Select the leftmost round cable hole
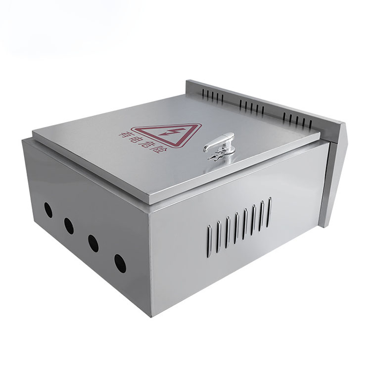[x=48, y=210]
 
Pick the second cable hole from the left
[x=69, y=226]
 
